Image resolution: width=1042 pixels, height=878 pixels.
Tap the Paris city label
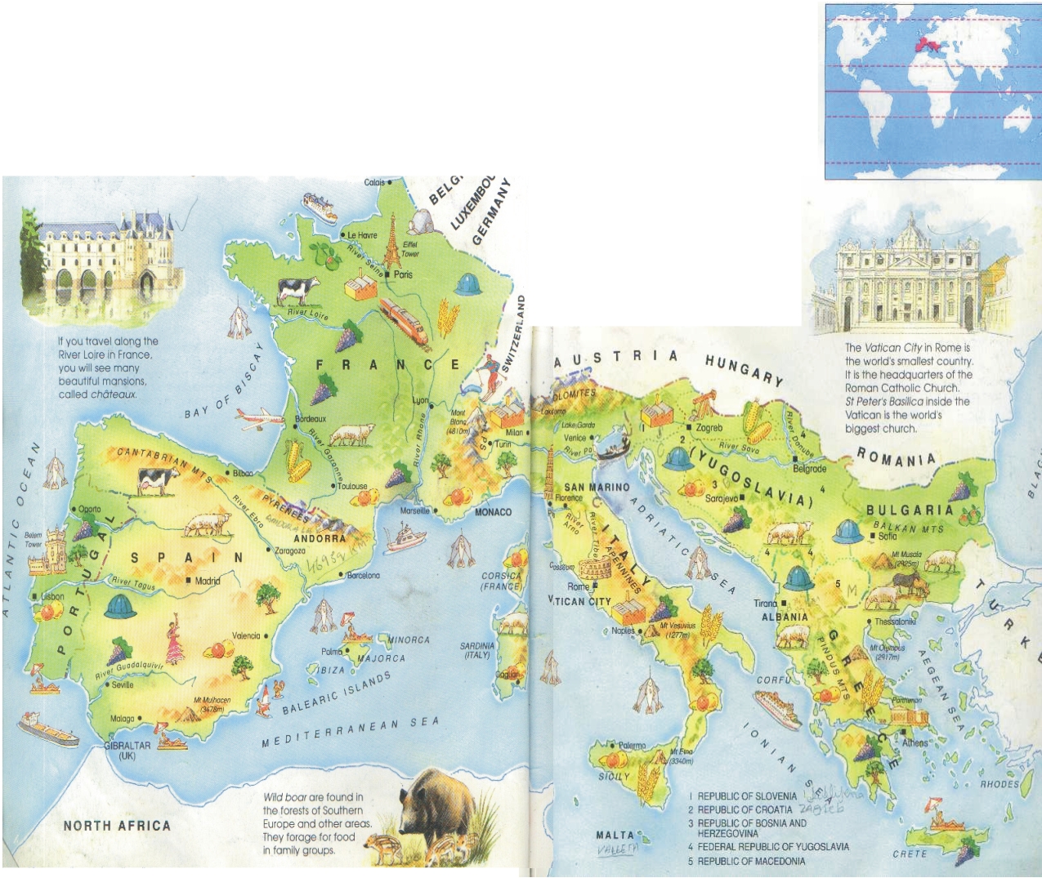click(403, 275)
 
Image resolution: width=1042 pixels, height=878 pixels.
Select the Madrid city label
click(207, 581)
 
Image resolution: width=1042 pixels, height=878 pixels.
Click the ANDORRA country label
click(320, 539)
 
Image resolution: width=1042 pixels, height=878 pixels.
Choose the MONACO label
click(493, 512)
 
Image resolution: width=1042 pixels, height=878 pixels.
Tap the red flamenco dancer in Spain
click(175, 642)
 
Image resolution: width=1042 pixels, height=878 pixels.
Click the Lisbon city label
click(52, 596)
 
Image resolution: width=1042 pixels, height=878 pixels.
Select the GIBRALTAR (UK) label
click(127, 750)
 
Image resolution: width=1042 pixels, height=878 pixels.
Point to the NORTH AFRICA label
click(117, 826)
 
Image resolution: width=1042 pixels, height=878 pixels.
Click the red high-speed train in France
click(404, 319)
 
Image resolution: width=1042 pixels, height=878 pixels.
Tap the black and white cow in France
click(298, 290)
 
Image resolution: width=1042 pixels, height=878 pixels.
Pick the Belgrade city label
click(810, 469)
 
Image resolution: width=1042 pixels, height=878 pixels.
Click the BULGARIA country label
click(910, 510)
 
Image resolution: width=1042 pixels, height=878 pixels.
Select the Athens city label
click(915, 742)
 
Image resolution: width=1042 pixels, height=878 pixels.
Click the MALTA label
click(615, 835)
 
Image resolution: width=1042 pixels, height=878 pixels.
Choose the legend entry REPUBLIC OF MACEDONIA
click(750, 861)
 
